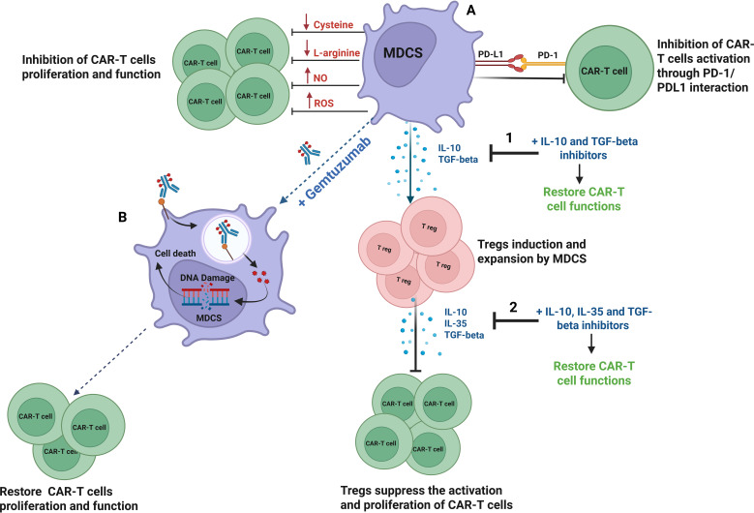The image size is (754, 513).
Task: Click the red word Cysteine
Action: pos(333,24)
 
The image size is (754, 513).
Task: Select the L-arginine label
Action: pos(337,52)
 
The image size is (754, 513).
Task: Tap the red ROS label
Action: pos(323,103)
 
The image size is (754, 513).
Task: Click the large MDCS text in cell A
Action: pos(403,52)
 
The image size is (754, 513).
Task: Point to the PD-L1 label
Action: pos(491,54)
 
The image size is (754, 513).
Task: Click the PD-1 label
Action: pos(548,55)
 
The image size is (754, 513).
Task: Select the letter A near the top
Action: pos(471,10)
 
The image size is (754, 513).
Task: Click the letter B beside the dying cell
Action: pos(123,218)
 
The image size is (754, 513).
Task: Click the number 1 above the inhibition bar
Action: pos(509,138)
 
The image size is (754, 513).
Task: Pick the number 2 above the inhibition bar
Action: pos(513,307)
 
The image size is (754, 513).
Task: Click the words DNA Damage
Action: pos(207,278)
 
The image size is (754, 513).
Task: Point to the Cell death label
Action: pos(175,253)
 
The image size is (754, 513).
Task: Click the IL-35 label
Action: pos(455,323)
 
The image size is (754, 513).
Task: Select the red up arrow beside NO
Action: pos(307,75)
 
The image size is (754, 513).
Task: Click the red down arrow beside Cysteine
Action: pos(306,22)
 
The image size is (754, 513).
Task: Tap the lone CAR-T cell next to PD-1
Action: pos(604,72)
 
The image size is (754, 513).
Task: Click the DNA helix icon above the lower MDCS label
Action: pos(205,296)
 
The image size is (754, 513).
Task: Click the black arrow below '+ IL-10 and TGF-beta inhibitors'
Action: pos(580,173)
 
